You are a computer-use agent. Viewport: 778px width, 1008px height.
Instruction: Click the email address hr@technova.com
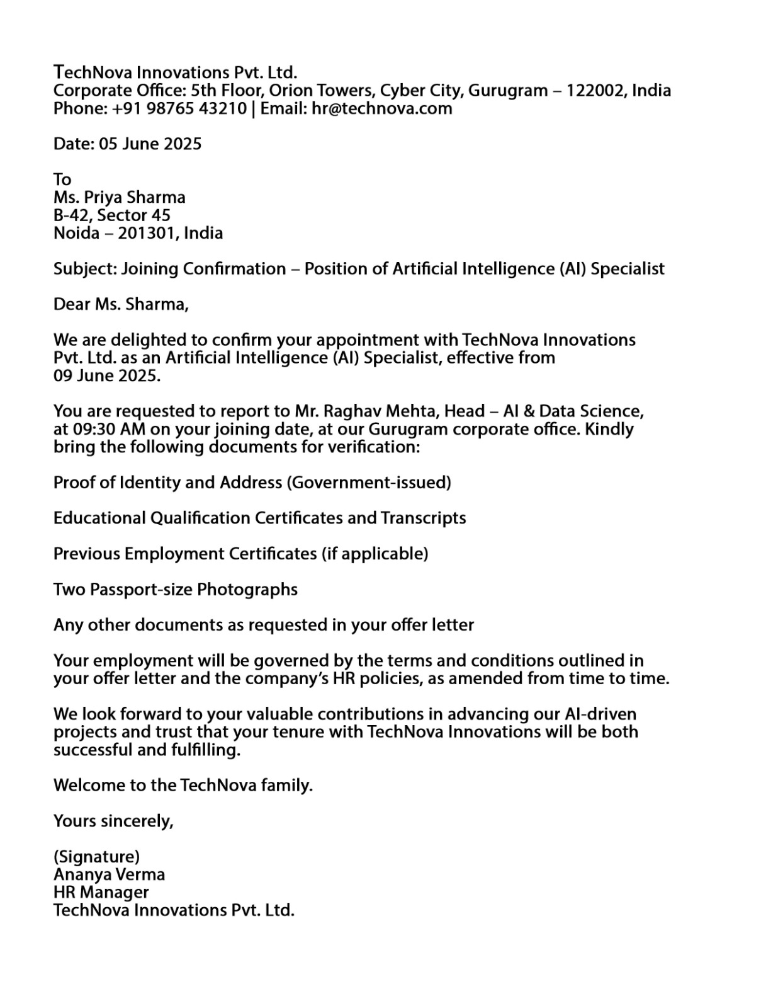(381, 108)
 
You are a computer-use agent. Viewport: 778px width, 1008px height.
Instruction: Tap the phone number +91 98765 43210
(179, 108)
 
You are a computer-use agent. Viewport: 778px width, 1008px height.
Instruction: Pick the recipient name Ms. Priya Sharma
(120, 198)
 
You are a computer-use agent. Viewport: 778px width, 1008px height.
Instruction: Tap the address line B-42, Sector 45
(112, 215)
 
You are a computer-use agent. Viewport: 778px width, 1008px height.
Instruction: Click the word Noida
(76, 233)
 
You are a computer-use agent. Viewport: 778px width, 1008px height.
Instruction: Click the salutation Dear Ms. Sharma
(121, 305)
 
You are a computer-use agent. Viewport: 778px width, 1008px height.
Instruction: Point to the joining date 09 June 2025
(106, 376)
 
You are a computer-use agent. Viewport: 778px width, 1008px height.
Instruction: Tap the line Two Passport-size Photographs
(176, 590)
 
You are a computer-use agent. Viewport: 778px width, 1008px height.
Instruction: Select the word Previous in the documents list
(86, 554)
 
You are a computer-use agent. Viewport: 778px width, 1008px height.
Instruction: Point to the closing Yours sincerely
(113, 821)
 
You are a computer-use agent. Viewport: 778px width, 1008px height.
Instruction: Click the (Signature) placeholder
(97, 857)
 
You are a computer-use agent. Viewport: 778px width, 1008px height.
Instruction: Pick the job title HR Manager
(101, 892)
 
